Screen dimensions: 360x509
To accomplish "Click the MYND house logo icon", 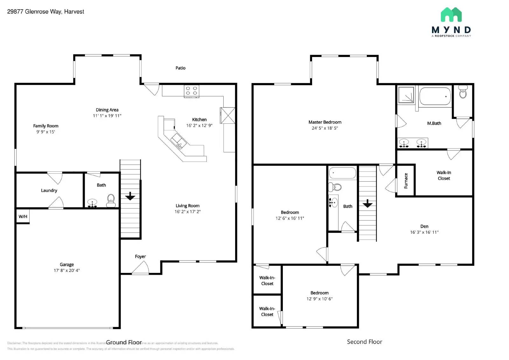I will pyautogui.click(x=451, y=15).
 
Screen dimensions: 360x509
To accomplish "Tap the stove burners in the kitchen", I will pyautogui.click(x=192, y=91).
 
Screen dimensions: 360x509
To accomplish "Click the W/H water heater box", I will pyautogui.click(x=23, y=217).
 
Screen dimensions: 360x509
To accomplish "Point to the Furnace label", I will pyautogui.click(x=406, y=181).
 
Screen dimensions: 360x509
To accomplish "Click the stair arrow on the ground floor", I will pyautogui.click(x=130, y=196).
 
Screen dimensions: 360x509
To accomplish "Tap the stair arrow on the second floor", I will pyautogui.click(x=367, y=204).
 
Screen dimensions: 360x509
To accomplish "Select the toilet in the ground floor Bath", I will pyautogui.click(x=111, y=200).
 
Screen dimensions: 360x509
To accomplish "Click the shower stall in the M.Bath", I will pyautogui.click(x=406, y=95).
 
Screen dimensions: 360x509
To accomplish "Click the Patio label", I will pyautogui.click(x=180, y=68).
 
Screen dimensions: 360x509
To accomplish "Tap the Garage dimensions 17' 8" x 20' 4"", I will pyautogui.click(x=66, y=270).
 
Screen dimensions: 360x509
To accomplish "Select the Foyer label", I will pyautogui.click(x=140, y=256).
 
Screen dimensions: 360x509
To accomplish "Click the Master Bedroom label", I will pyautogui.click(x=325, y=122).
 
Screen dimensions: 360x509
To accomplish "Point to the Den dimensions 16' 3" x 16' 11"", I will pyautogui.click(x=424, y=232).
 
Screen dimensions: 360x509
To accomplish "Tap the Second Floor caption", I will pyautogui.click(x=365, y=342).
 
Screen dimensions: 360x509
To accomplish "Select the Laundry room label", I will pyautogui.click(x=49, y=190).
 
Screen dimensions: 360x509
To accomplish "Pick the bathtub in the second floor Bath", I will pyautogui.click(x=342, y=173).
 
